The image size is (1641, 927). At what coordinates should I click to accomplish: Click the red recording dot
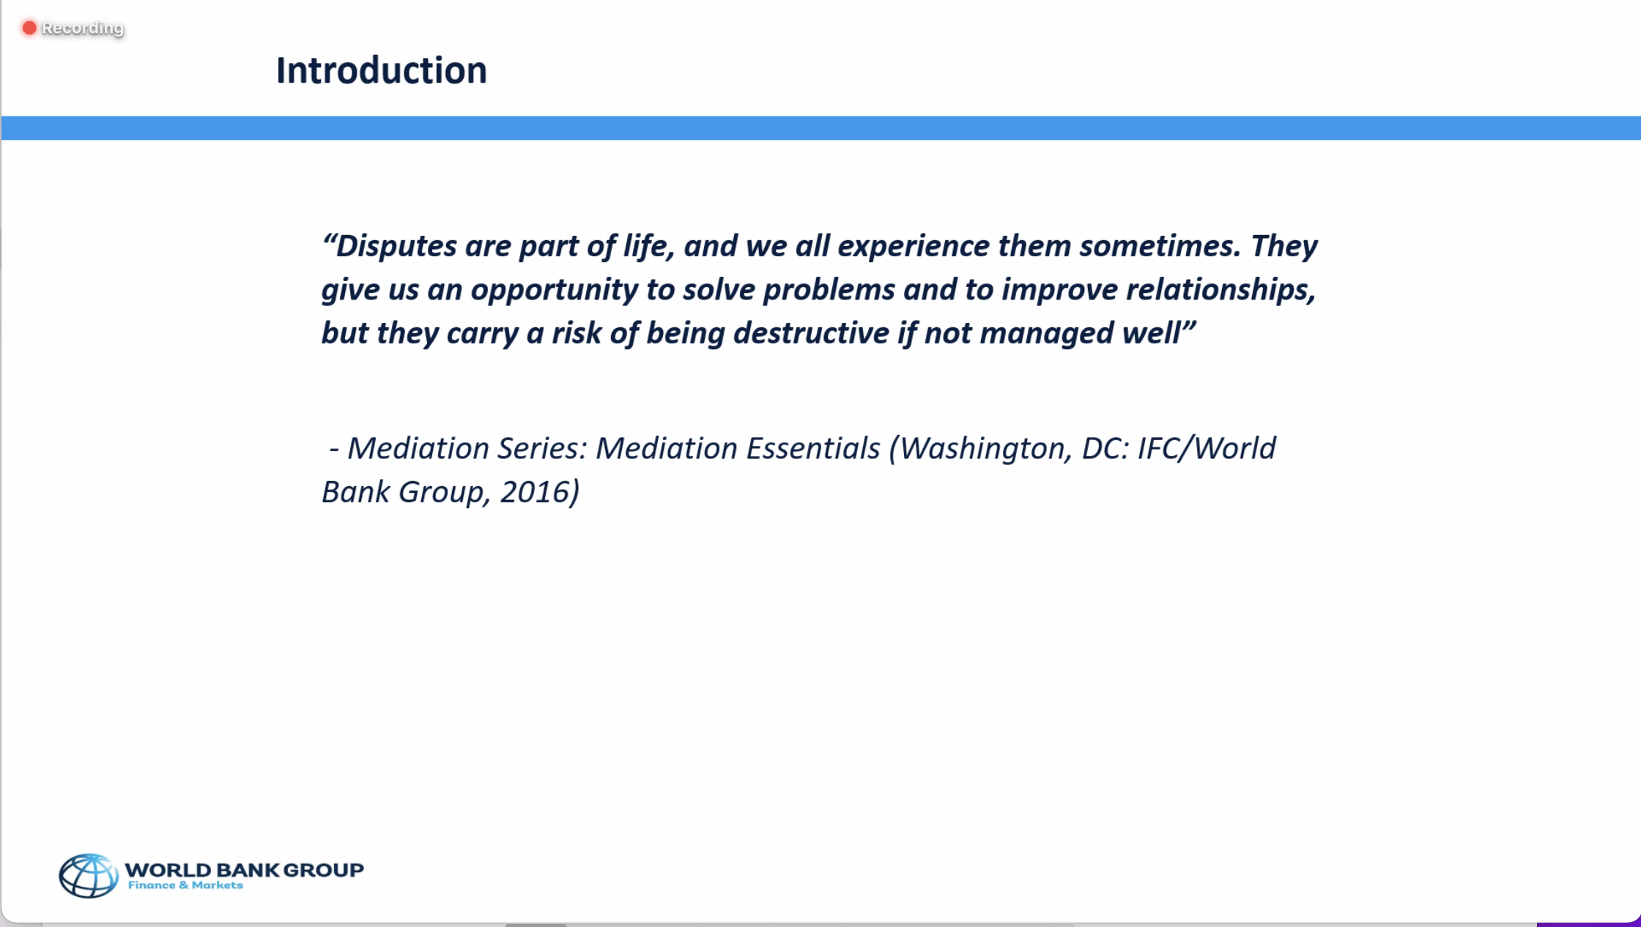(29, 28)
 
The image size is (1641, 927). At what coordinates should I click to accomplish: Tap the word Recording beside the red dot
(83, 28)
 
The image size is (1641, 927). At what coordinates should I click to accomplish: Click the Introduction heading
(381, 70)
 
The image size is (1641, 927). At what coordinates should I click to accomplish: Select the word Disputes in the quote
(396, 247)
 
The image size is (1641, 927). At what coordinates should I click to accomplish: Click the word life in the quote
(647, 246)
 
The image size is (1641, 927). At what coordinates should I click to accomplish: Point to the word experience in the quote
(913, 247)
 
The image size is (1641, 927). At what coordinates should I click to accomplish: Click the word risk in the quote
(576, 333)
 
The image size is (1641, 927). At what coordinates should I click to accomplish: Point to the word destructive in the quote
(811, 333)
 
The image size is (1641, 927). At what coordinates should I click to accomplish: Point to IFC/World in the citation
(1207, 448)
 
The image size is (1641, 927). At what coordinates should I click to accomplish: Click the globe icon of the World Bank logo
(88, 875)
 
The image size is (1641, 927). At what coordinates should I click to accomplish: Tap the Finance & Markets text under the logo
(185, 885)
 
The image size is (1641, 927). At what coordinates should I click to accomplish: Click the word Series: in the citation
(542, 448)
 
